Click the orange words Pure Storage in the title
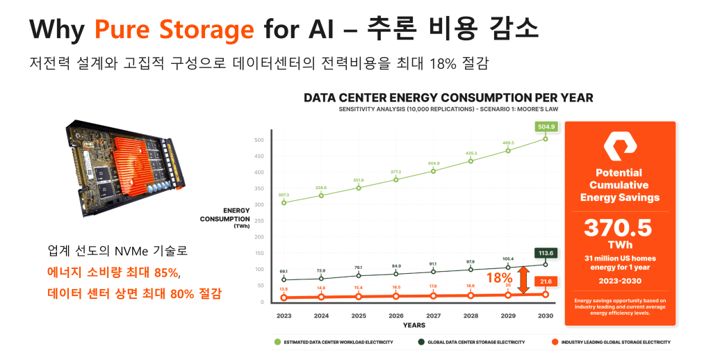click(x=174, y=29)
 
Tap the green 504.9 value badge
click(x=546, y=127)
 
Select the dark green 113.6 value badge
click(x=545, y=253)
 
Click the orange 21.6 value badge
click(x=546, y=280)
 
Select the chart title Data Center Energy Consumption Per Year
click(x=448, y=97)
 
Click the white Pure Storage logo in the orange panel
click(x=620, y=147)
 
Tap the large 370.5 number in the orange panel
click(x=619, y=227)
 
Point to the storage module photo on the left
click(x=125, y=163)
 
